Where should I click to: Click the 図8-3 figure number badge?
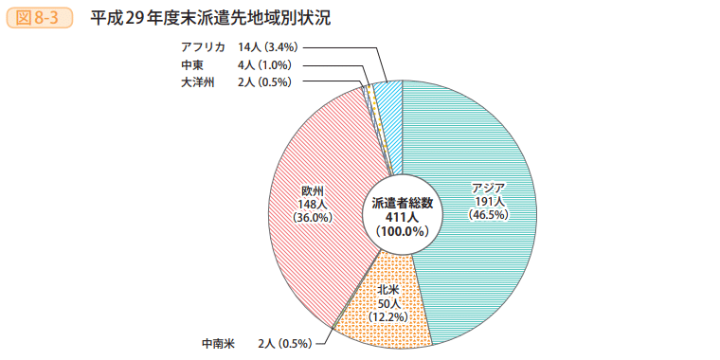click(39, 18)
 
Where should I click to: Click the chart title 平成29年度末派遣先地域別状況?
click(211, 18)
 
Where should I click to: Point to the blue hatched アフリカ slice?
click(388, 92)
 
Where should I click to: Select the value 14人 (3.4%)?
click(269, 46)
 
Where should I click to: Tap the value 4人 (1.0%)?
click(264, 64)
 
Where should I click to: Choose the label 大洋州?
click(198, 82)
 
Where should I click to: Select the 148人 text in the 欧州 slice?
click(313, 204)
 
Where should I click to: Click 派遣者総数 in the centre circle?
click(403, 203)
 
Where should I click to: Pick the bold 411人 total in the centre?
click(403, 216)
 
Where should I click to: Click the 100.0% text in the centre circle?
click(403, 230)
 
